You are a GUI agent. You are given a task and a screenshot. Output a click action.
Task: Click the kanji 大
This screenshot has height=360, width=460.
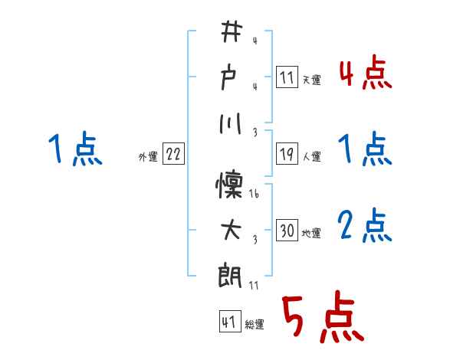(x=230, y=228)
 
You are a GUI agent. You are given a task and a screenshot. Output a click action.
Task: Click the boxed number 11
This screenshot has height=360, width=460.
(x=287, y=77)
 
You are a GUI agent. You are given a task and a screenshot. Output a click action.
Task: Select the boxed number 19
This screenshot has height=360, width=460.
(x=287, y=154)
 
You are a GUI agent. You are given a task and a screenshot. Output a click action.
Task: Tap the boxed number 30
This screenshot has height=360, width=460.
(x=287, y=231)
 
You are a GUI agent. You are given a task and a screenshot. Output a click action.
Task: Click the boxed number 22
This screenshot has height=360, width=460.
(x=173, y=154)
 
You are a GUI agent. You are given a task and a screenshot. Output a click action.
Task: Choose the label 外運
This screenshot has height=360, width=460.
(x=148, y=156)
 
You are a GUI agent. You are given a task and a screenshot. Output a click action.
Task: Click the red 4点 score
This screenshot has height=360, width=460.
(x=364, y=74)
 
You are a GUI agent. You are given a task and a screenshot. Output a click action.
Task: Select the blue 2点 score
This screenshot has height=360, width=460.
(x=364, y=227)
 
